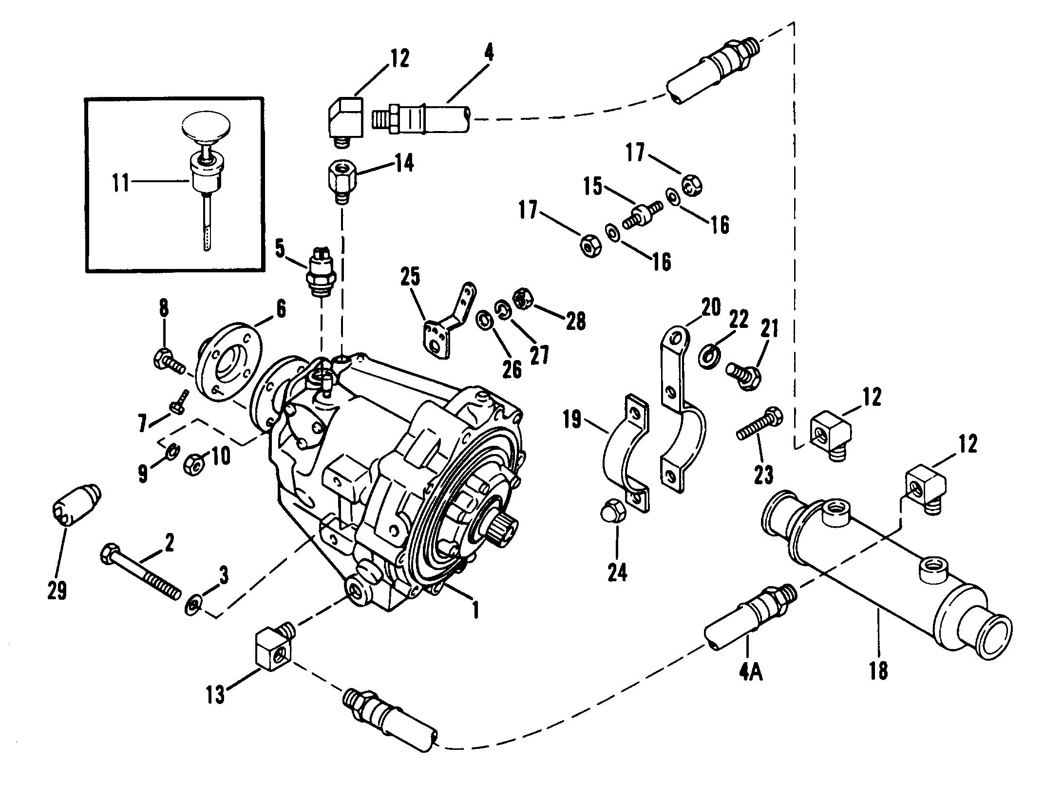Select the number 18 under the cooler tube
(879, 671)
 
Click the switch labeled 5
(320, 273)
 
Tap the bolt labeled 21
(741, 377)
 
